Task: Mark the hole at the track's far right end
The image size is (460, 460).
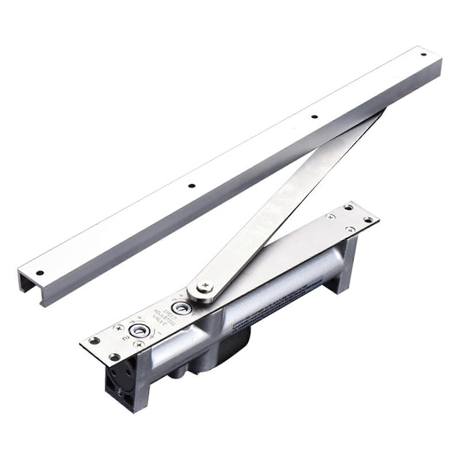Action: tap(423, 54)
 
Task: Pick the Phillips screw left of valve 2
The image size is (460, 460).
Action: tap(118, 328)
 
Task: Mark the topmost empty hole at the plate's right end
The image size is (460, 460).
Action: tap(348, 207)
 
